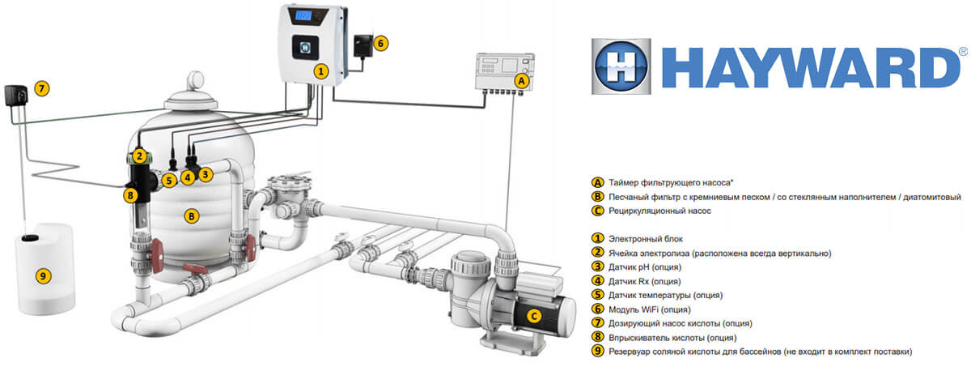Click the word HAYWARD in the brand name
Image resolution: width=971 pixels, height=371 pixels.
(809, 67)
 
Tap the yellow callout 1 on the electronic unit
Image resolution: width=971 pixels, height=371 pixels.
(321, 71)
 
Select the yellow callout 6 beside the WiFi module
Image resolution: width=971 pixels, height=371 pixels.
(382, 42)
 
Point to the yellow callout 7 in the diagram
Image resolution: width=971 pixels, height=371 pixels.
(42, 87)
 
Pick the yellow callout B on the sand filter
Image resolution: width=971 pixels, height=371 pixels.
(191, 216)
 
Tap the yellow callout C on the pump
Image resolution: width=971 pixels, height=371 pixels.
(533, 316)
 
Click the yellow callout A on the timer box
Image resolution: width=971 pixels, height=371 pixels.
(522, 81)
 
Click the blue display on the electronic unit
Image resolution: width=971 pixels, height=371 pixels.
(304, 15)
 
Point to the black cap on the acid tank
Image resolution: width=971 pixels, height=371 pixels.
(31, 238)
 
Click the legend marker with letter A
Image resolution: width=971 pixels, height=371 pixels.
(598, 182)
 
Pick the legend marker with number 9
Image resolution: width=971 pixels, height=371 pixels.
(598, 351)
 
